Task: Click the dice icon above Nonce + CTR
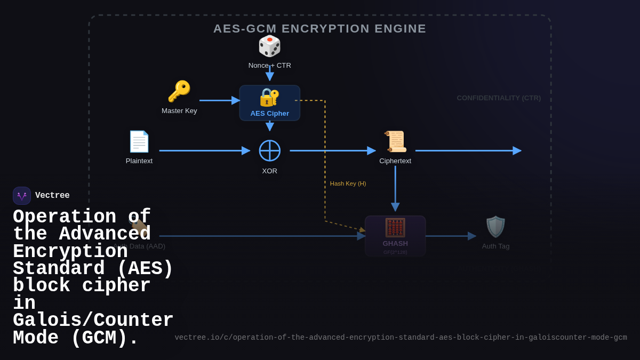[269, 46]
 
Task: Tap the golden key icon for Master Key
[179, 91]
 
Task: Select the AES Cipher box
[269, 103]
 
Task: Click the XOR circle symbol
[269, 150]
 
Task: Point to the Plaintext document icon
[139, 141]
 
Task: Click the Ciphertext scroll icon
[395, 141]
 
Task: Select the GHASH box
[395, 236]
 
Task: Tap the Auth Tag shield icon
[495, 227]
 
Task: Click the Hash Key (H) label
[348, 183]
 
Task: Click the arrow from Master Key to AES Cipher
[219, 100]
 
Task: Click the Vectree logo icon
[22, 196]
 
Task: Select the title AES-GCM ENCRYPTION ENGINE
[319, 28]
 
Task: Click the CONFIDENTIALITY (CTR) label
[499, 98]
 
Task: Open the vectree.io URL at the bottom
[401, 338]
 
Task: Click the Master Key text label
[179, 110]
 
